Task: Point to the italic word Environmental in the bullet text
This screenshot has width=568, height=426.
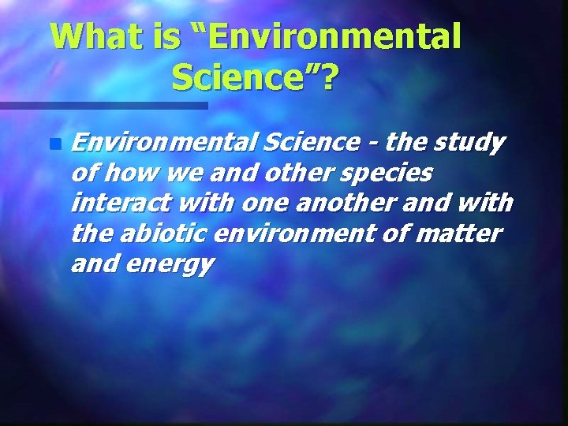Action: [x=165, y=143]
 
